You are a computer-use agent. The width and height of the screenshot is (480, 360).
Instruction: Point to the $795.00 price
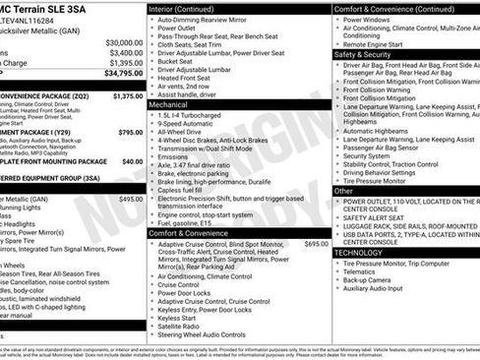click(130, 131)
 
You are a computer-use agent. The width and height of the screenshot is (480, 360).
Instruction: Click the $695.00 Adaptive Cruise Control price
click(317, 243)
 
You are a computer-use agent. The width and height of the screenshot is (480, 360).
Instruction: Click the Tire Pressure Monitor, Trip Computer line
click(401, 264)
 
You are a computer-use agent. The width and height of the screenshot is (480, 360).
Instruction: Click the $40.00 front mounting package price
click(132, 160)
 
